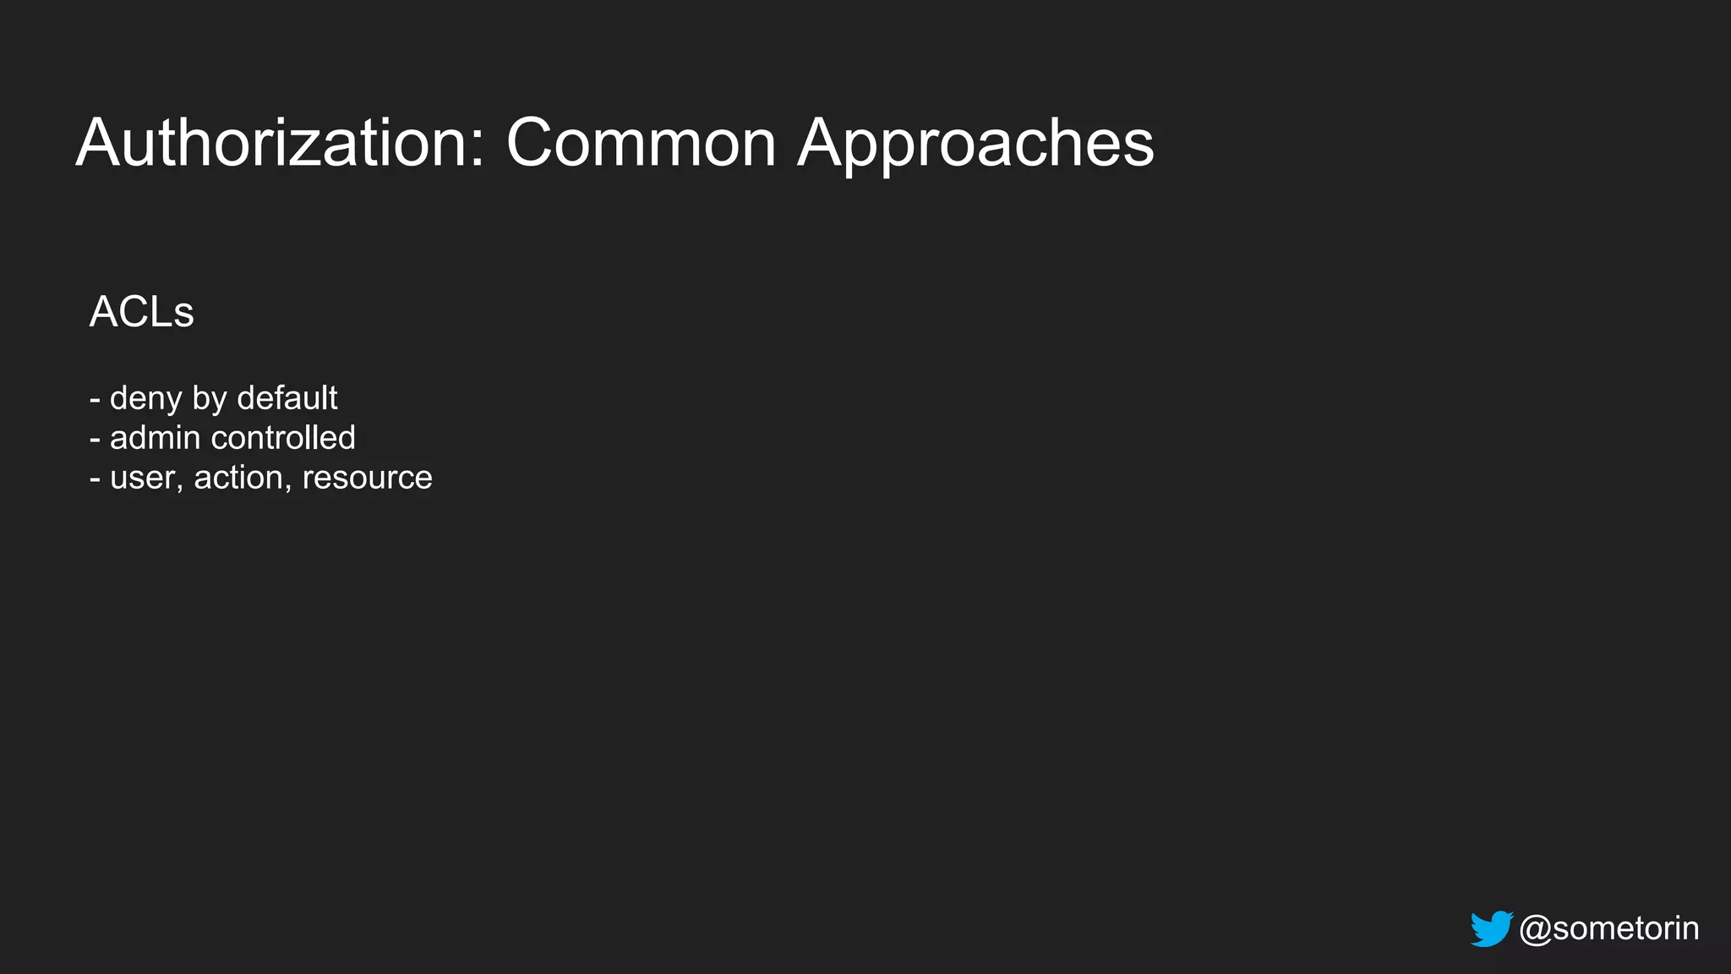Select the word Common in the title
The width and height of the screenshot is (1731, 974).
tap(641, 143)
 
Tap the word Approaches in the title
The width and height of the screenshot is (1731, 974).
tap(975, 143)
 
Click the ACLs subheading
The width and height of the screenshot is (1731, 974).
tap(141, 312)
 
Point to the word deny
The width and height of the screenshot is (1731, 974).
tap(145, 398)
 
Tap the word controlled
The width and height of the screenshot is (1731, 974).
tap(283, 438)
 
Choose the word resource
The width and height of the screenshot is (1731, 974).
tap(367, 478)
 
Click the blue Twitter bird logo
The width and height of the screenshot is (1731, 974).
tap(1491, 928)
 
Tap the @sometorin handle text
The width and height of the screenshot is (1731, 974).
tap(1608, 928)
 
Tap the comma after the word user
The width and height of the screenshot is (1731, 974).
tap(179, 486)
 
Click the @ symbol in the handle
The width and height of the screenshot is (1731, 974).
tap(1535, 928)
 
